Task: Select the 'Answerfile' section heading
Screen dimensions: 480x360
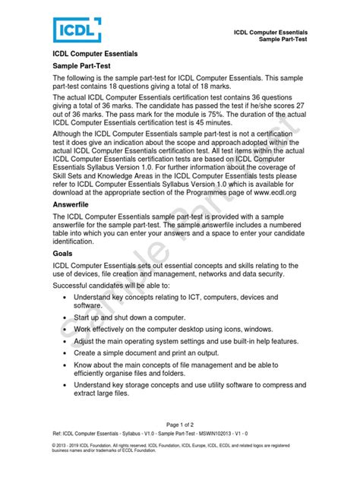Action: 75,204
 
